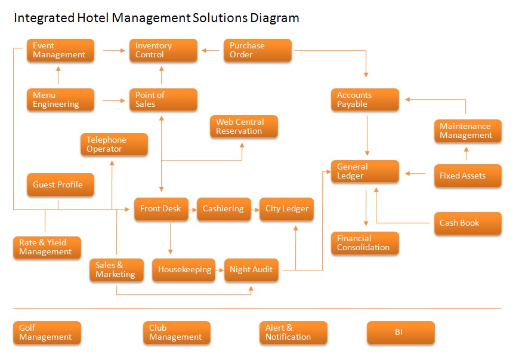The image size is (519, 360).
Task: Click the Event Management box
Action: point(60,50)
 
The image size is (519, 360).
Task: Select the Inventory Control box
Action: point(163,50)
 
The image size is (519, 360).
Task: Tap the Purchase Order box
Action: point(258,50)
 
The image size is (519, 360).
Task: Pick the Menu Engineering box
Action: point(60,100)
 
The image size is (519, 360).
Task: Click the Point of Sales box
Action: point(163,100)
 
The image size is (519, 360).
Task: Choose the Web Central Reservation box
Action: point(243,127)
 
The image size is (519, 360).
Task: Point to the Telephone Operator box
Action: point(114,144)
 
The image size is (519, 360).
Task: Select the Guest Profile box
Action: point(60,184)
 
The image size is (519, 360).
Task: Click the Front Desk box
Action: point(161,209)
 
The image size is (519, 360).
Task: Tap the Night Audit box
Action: point(251,270)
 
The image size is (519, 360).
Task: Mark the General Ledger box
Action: point(365,171)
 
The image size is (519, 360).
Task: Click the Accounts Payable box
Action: point(365,100)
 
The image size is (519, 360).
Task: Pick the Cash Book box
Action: point(467,223)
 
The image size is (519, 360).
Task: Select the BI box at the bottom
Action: point(400,333)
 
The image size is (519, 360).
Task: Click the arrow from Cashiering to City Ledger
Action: point(253,209)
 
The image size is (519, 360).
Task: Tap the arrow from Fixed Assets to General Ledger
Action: point(416,174)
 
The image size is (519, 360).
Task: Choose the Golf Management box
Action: point(47,333)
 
